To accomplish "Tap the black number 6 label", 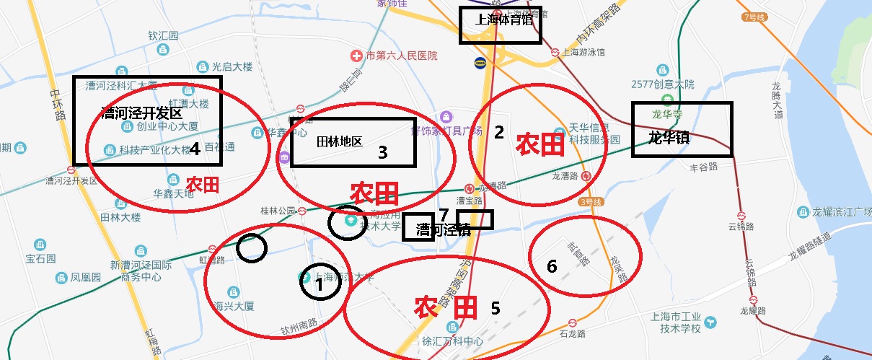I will pos(552,266).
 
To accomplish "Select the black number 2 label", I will pos(498,131).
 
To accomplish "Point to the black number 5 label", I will pos(495,308).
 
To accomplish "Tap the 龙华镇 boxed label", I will pos(669,138).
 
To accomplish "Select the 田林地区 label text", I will pos(340,141).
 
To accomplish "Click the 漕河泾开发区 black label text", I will pos(141,113).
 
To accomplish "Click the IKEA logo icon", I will pos(480,63).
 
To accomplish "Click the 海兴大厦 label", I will pos(234,306).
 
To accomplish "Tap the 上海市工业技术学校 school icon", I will pos(711,322).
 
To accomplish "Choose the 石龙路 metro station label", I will pos(572,334).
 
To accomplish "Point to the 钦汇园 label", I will pos(163,35).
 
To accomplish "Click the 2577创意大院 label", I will pos(662,84).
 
